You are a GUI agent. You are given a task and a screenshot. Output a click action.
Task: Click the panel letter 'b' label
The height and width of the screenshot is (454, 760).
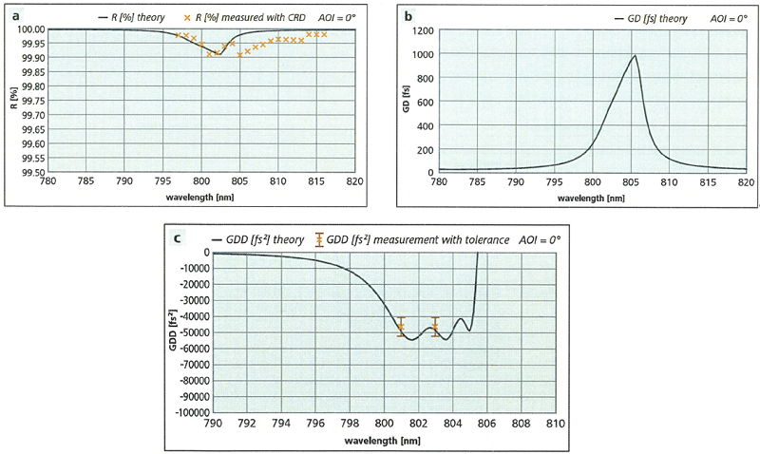coord(408,16)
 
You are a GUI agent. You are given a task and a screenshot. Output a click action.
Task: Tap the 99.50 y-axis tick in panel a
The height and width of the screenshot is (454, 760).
coord(31,172)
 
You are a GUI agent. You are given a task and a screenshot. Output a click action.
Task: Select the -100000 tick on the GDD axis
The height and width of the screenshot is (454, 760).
coord(189,413)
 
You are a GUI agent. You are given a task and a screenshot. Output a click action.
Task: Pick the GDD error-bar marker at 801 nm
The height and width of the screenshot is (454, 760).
coord(401,326)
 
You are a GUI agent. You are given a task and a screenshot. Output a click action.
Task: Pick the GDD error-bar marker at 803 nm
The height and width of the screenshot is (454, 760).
coord(435,326)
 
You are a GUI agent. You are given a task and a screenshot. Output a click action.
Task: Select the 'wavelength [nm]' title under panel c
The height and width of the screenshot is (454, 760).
coord(384,440)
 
